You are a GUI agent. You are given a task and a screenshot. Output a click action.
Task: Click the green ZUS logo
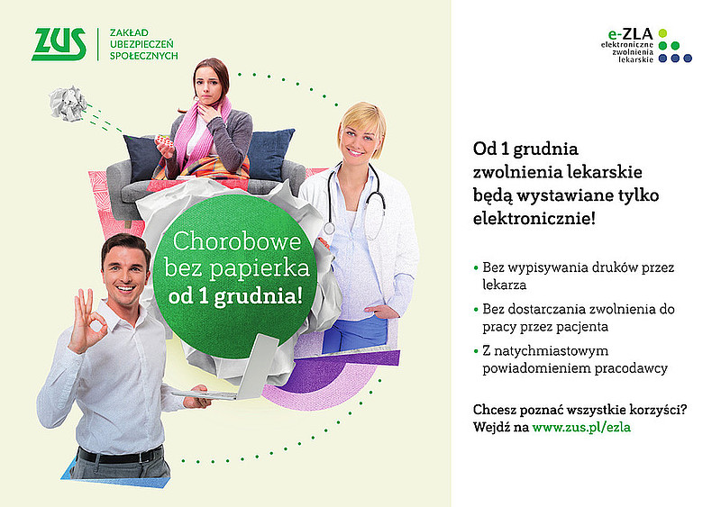[59, 44]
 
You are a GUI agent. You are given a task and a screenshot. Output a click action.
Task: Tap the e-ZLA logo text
[630, 34]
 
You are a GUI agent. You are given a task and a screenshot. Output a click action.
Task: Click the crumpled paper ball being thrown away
[68, 103]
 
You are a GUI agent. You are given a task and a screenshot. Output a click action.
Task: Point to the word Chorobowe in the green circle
[237, 240]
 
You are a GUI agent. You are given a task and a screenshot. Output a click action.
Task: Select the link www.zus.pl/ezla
[581, 427]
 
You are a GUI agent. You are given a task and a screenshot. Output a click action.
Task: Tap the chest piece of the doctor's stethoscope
[329, 229]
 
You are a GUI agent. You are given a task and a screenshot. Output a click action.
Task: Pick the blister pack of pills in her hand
[164, 140]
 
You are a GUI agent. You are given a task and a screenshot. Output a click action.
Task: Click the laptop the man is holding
[239, 373]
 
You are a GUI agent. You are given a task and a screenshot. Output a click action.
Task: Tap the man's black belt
[121, 455]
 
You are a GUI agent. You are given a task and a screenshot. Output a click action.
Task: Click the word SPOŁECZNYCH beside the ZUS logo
[143, 56]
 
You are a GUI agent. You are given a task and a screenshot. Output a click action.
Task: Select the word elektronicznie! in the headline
[534, 218]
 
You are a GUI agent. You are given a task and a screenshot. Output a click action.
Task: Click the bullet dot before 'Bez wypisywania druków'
[476, 267]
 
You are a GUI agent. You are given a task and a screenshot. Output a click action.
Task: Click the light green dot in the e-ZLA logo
[662, 33]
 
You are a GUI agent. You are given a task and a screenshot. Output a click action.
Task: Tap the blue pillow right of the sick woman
[270, 154]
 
